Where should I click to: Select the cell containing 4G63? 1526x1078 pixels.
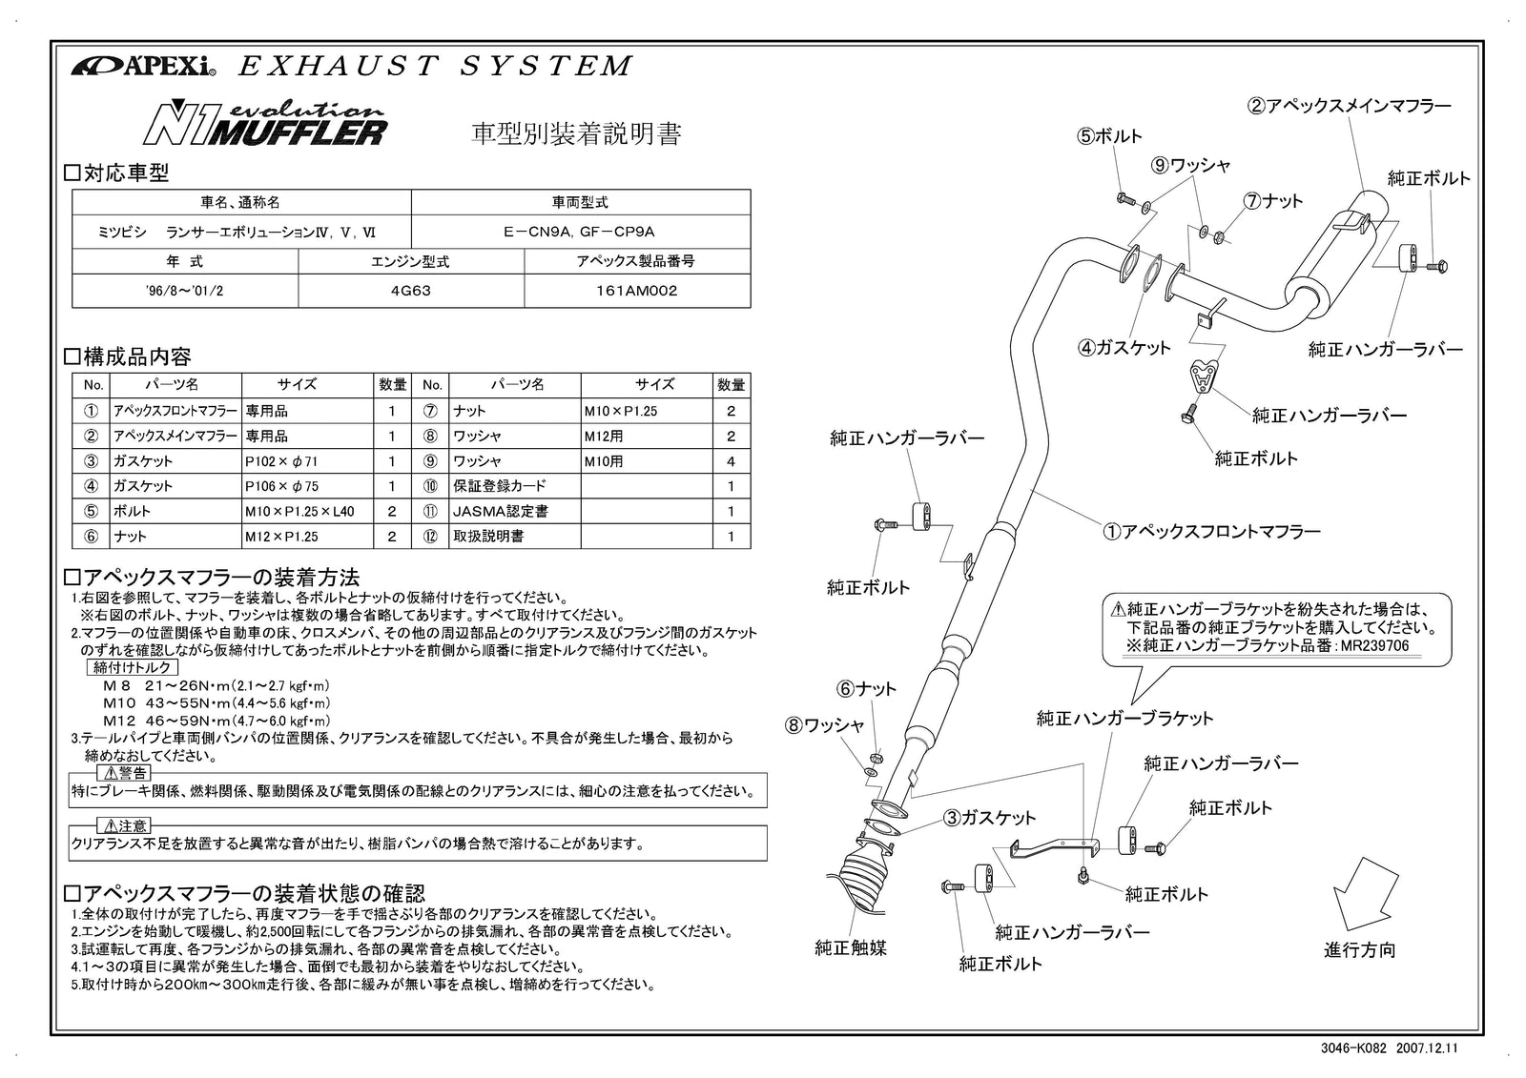tap(411, 291)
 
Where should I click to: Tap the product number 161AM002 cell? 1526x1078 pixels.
tap(636, 291)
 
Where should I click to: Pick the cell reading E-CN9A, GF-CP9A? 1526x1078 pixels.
tap(580, 232)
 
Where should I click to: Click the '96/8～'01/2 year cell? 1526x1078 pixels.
tap(185, 291)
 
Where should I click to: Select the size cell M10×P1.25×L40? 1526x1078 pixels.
tap(299, 512)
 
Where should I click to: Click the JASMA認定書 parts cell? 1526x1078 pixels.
tap(501, 512)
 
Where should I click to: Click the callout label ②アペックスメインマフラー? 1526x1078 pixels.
tap(1350, 106)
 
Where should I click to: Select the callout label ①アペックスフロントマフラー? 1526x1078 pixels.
tap(1211, 532)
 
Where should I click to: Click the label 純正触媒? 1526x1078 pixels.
tap(851, 947)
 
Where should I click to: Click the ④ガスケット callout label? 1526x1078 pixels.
tap(1124, 348)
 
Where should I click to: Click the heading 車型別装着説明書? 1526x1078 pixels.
tap(577, 134)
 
